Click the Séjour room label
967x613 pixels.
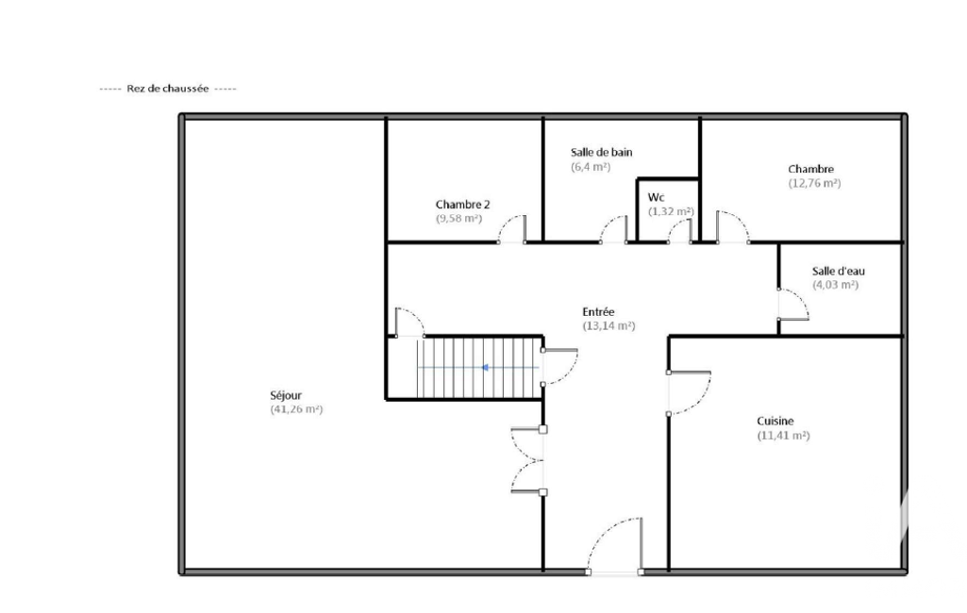[x=286, y=395]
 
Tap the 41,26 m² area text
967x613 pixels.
[x=296, y=409]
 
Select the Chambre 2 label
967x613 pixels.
[x=462, y=204]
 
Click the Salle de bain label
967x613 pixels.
[x=601, y=153]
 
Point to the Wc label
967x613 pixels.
[x=657, y=197]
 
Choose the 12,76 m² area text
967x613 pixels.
[x=814, y=183]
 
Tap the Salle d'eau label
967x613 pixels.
[x=838, y=271]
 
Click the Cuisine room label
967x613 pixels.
[x=775, y=422]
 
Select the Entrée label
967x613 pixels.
[x=598, y=312]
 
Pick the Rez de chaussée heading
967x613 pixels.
[x=168, y=89]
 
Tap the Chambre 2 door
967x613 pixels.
[x=513, y=228]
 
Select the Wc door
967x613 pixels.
[x=679, y=231]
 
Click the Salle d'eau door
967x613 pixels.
[x=793, y=305]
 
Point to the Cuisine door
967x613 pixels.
[x=690, y=393]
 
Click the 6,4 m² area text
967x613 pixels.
[x=591, y=167]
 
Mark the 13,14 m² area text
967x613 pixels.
[x=609, y=325]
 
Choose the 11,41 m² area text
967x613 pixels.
[x=783, y=436]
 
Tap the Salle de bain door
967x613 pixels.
[x=614, y=229]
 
